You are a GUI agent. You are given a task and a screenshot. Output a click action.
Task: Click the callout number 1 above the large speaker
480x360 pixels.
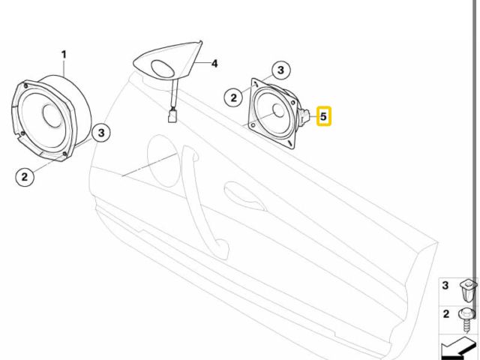tap(64, 54)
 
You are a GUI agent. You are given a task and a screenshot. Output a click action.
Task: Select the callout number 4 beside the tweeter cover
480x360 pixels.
tap(214, 64)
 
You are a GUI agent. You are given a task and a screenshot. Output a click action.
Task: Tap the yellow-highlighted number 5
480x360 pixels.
tap(324, 117)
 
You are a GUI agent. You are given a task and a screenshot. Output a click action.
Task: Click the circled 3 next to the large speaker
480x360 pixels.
tap(102, 133)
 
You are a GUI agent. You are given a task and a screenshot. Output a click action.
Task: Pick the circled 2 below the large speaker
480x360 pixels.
tap(25, 177)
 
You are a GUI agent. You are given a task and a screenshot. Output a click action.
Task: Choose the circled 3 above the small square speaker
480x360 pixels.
tap(280, 70)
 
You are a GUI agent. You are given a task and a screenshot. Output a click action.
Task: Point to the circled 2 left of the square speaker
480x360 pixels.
tap(234, 96)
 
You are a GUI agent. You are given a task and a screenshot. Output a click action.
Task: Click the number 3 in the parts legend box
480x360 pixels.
tap(445, 286)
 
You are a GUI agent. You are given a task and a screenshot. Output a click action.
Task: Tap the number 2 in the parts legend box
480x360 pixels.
tap(445, 313)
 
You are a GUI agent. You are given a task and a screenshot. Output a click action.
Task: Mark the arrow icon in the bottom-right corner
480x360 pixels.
tap(458, 347)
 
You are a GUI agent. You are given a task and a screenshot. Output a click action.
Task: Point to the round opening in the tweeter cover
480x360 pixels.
tap(163, 69)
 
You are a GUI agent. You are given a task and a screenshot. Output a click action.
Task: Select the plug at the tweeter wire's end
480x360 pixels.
tap(173, 115)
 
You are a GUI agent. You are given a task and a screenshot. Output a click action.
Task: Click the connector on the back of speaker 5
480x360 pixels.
tap(304, 116)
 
